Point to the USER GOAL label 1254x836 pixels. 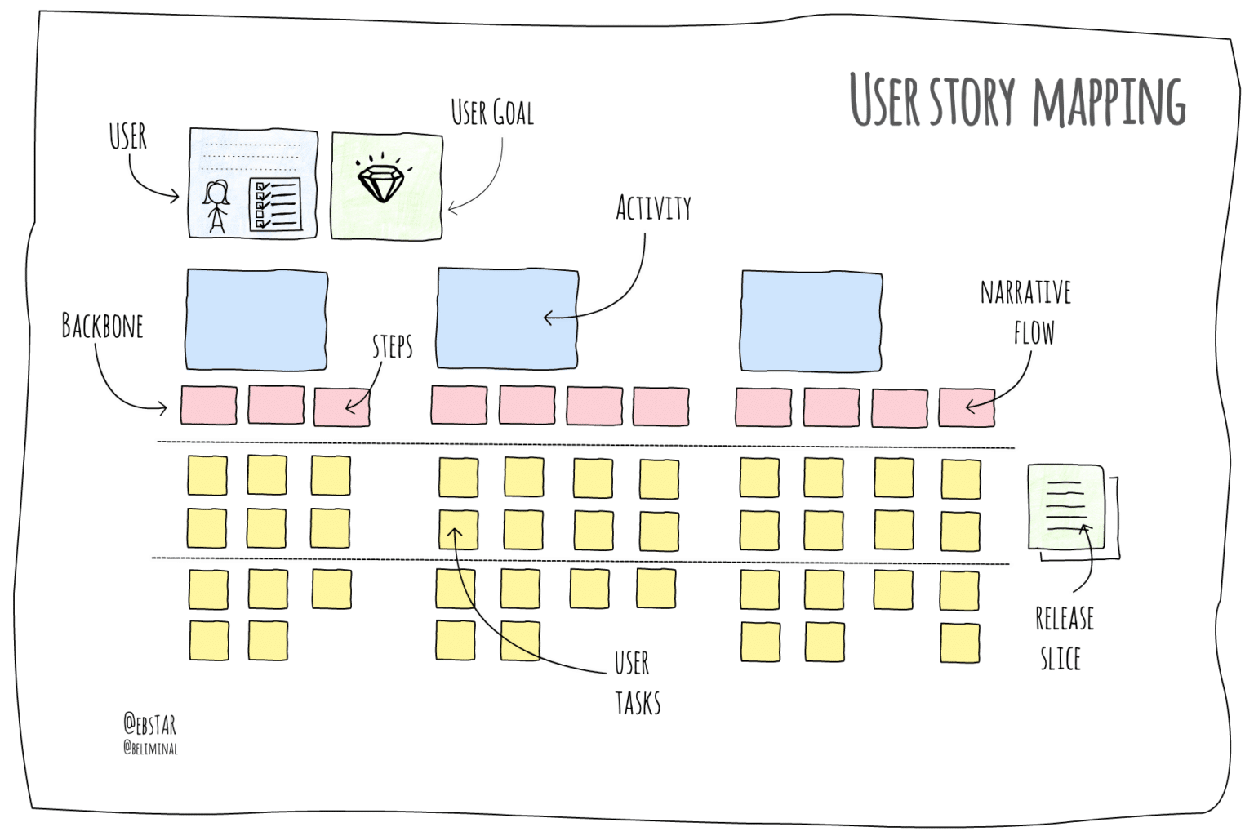492,113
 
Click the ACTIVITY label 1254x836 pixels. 653,208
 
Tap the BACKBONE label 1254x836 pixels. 103,327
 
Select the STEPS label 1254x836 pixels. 393,347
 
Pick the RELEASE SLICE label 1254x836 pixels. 1063,638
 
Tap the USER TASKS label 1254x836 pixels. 636,683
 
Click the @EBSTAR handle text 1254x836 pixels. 150,724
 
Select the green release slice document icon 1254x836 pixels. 1066,508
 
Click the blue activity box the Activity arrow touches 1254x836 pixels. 507,318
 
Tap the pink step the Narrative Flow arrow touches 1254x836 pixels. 967,407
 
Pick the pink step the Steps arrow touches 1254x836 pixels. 342,407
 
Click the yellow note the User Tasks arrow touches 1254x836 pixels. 458,530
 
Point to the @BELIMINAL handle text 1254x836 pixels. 150,748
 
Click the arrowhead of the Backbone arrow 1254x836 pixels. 164,407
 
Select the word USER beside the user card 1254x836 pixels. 128,137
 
